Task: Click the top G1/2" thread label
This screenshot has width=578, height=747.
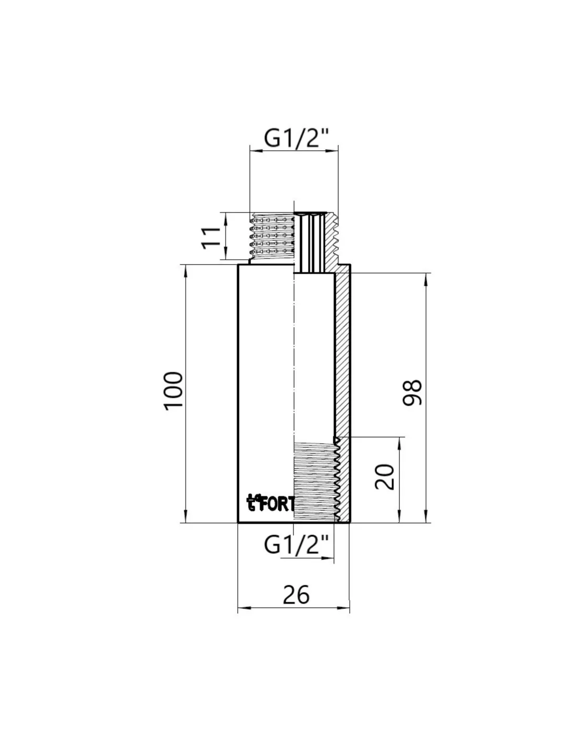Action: coord(296,139)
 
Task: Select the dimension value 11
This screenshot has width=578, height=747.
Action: coord(211,238)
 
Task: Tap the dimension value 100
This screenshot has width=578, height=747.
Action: coord(173,391)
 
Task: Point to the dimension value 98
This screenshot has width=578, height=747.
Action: coord(412,392)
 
